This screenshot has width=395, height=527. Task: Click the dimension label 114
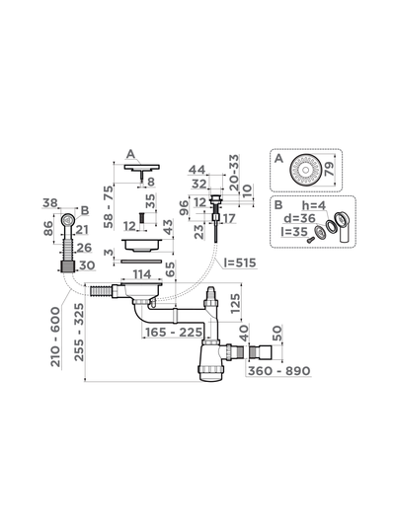[142, 274]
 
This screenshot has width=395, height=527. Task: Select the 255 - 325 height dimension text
[79, 333]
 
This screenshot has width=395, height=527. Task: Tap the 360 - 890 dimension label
[279, 371]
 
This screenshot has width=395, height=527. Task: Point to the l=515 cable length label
[240, 263]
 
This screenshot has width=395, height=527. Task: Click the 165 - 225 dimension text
[174, 333]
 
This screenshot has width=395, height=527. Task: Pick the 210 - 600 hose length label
[56, 338]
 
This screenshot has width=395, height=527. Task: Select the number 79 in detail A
[329, 170]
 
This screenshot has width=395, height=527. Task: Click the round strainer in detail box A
[305, 170]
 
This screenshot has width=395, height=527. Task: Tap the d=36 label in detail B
[299, 218]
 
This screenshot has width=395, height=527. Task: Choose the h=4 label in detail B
[314, 205]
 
